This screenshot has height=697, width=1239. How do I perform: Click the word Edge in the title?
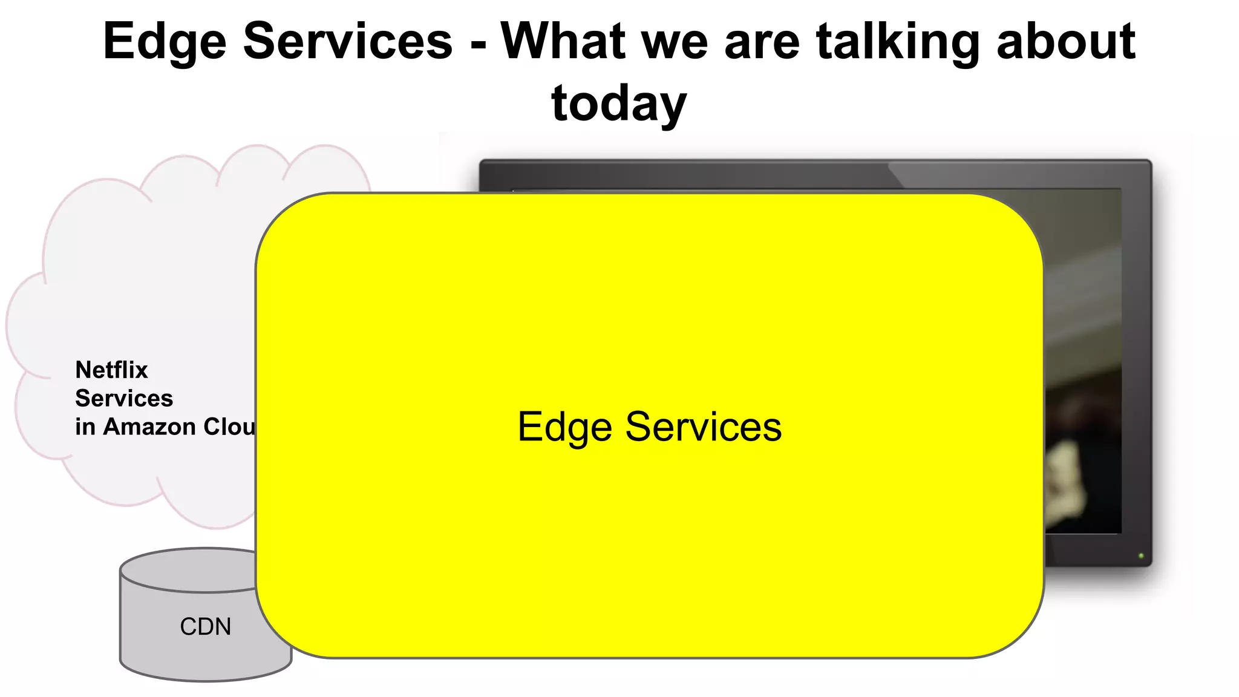165,42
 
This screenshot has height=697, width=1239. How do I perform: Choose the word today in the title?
619,104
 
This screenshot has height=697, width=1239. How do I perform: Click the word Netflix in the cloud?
111,370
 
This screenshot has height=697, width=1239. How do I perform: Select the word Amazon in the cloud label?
149,427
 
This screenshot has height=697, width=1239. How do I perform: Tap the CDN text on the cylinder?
206,627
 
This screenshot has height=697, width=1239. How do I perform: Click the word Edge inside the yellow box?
564,428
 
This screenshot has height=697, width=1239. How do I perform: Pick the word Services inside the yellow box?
703,427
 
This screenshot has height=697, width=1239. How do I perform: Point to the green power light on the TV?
1141,555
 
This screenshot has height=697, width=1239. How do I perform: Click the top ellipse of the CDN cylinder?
188,569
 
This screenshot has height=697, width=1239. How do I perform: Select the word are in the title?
762,42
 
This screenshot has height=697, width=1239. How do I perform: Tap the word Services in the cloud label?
124,398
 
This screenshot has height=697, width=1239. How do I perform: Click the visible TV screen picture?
1083,363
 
